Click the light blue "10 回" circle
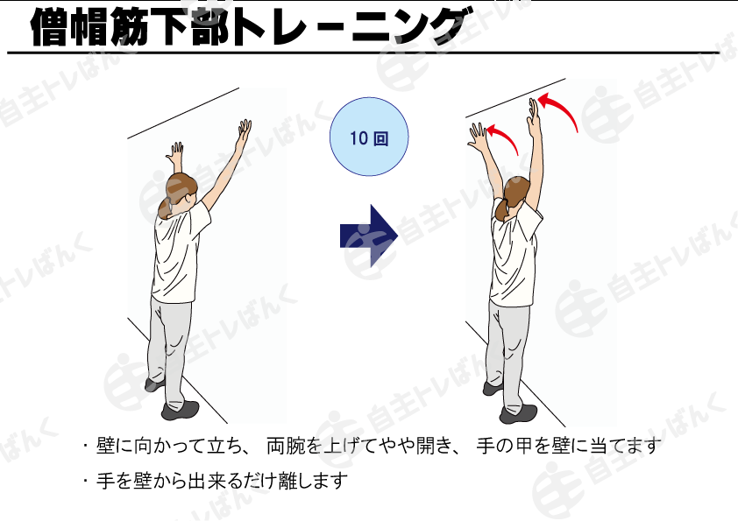point(368,137)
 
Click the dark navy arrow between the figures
point(368,236)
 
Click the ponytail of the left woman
point(165,209)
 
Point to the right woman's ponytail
point(500,209)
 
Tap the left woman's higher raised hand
point(245,130)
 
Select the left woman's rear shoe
point(181,410)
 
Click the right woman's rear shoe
point(518,414)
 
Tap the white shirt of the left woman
point(179,254)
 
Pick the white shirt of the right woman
point(514,256)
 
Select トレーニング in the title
point(351,26)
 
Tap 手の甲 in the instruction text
point(504,446)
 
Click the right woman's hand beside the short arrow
point(478,135)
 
